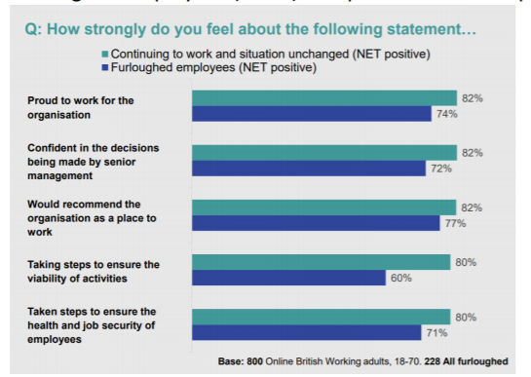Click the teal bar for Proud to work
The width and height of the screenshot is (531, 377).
(323, 97)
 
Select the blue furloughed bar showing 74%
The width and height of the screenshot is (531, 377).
(311, 114)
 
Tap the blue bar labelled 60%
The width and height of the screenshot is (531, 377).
(288, 278)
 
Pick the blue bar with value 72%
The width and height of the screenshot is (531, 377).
(308, 169)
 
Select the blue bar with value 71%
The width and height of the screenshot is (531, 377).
(306, 332)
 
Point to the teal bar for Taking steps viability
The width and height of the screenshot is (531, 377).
(321, 261)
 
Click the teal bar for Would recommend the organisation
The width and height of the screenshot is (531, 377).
(323, 207)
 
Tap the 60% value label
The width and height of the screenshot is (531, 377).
(399, 279)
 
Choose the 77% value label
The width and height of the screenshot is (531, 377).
(454, 224)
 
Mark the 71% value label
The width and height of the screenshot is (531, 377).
(435, 333)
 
